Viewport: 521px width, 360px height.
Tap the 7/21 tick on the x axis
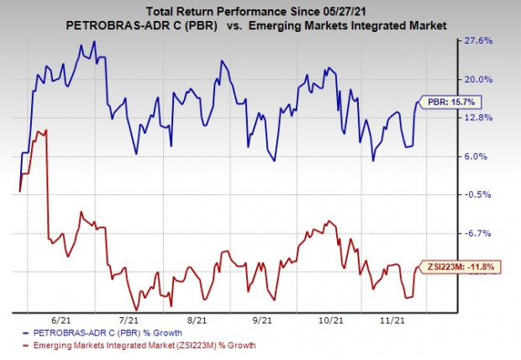[x=129, y=320]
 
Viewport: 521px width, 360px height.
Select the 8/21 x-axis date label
[x=197, y=320]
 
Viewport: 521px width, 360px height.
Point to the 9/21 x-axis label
[x=264, y=320]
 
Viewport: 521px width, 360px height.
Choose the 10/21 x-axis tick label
[x=334, y=320]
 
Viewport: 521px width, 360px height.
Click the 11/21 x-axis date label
[x=395, y=320]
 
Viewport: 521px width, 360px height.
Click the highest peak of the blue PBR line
[x=93, y=41]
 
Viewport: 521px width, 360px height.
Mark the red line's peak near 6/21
[x=46, y=130]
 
